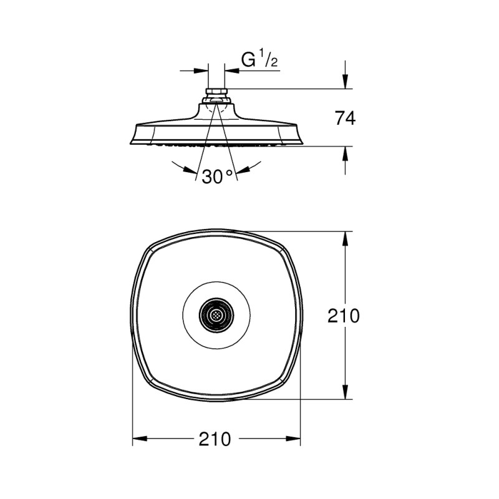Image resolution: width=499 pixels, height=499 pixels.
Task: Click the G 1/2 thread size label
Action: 259,59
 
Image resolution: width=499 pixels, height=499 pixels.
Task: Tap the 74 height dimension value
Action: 345,118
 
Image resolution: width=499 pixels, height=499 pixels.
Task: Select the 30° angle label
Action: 217,177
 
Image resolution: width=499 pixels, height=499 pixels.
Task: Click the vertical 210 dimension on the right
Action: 344,316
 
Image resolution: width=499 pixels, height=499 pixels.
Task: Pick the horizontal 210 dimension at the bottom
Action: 215,439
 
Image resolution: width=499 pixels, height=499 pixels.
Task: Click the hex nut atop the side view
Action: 216,92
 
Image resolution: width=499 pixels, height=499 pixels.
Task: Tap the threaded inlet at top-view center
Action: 216,316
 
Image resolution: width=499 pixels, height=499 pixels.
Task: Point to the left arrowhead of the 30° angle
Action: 191,170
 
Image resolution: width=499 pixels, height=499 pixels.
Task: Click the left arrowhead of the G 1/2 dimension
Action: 201,70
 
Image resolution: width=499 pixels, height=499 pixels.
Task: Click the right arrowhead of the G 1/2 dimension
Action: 232,70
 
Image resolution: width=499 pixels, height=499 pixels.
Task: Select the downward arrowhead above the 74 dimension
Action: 346,82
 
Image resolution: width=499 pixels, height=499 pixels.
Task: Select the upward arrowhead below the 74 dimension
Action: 346,153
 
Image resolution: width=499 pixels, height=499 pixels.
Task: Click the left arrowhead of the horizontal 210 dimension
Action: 140,439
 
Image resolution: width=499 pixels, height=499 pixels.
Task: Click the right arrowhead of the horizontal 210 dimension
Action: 293,439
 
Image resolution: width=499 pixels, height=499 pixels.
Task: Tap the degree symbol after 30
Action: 229,172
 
